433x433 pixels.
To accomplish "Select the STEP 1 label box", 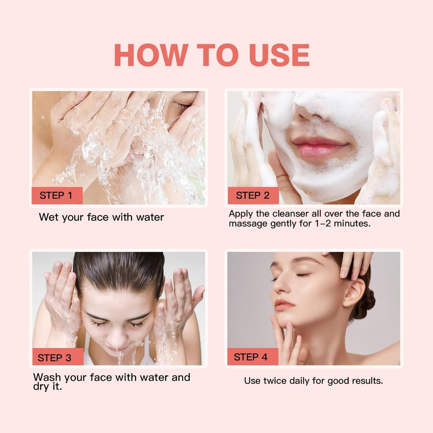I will tap(57, 195).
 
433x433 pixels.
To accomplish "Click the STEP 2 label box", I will tap(253, 195).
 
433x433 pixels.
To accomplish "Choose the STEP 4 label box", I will tap(252, 357).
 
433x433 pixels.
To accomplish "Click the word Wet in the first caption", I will tap(49, 217).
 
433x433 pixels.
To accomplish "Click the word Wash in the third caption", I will tap(47, 377).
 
